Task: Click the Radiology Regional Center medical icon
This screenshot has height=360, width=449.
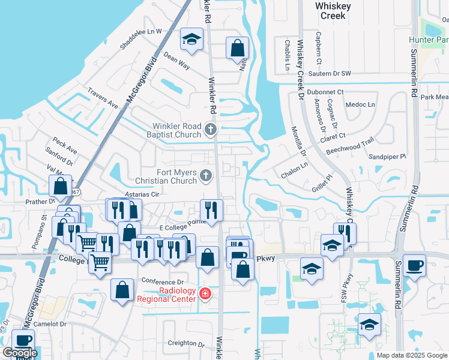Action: [x=205, y=293]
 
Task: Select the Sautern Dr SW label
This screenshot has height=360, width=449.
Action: [x=328, y=74]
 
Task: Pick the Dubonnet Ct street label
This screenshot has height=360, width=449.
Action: [x=325, y=92]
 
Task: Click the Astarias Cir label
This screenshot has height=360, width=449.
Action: [x=141, y=195]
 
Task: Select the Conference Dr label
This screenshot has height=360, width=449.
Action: [x=162, y=281]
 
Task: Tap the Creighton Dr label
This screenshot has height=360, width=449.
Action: [x=186, y=344]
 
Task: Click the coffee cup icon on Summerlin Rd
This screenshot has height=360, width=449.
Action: [x=414, y=265]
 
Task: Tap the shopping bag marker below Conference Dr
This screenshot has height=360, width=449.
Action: [x=122, y=291]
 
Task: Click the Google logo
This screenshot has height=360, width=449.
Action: [x=19, y=353]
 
